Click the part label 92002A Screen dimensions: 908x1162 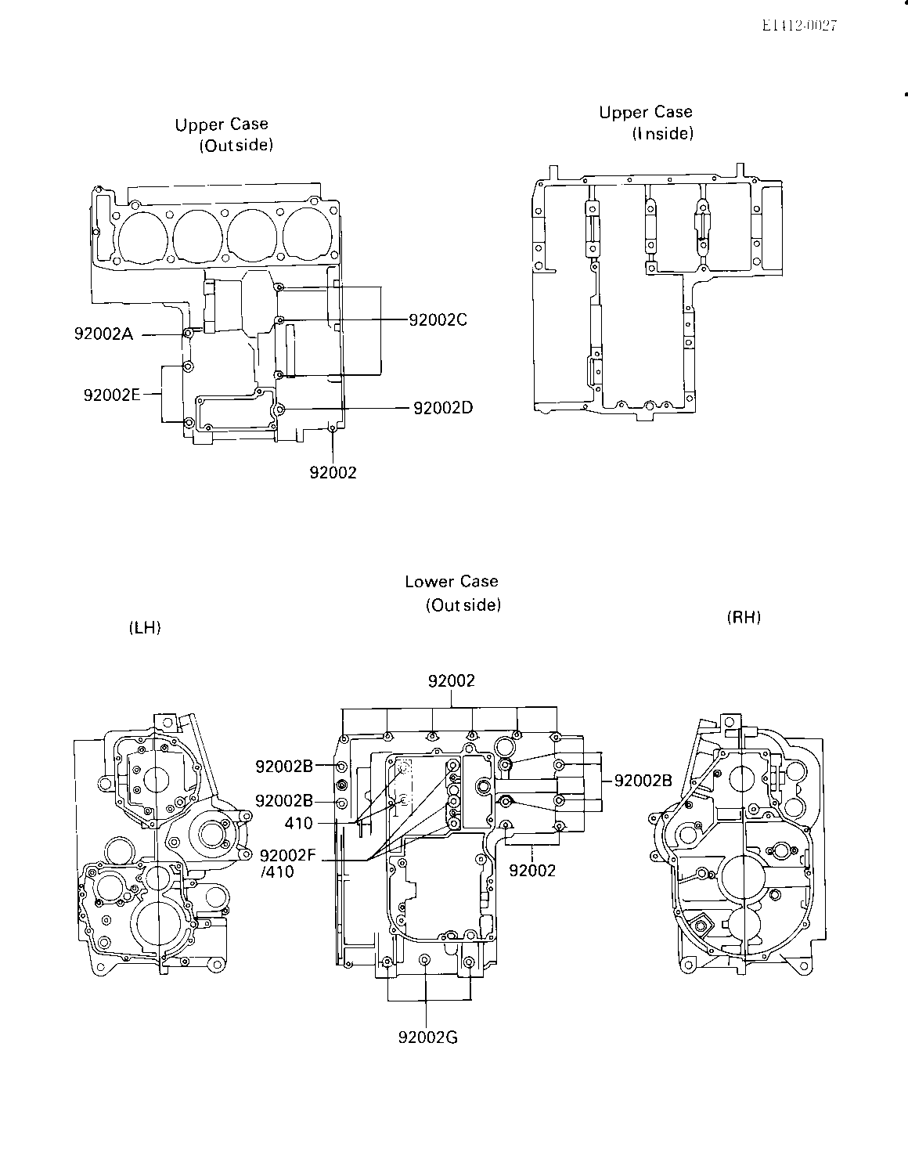tap(103, 334)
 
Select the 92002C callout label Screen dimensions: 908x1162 tap(438, 319)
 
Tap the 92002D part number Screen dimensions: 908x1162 tap(443, 408)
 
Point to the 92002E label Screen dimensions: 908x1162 tap(112, 395)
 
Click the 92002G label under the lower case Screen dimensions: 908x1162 tap(427, 1037)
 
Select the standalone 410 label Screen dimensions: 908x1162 tap(298, 823)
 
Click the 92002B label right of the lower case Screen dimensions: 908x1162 tap(643, 781)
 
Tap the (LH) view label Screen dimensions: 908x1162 tap(145, 627)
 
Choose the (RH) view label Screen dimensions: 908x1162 tap(744, 617)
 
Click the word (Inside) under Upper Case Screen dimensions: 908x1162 tap(663, 133)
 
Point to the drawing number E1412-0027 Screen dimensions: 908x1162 tap(799, 25)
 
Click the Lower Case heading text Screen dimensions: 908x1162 tap(451, 581)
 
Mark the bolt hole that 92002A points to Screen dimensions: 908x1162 tap(188, 333)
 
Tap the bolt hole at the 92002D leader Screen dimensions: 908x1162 tap(280, 409)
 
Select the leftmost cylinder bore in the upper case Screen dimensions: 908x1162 tap(142, 236)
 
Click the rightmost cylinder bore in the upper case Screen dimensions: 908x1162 tap(308, 236)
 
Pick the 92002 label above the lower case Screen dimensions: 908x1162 tap(451, 680)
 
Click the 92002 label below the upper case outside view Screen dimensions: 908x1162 tap(333, 472)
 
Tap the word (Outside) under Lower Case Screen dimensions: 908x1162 tap(463, 604)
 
